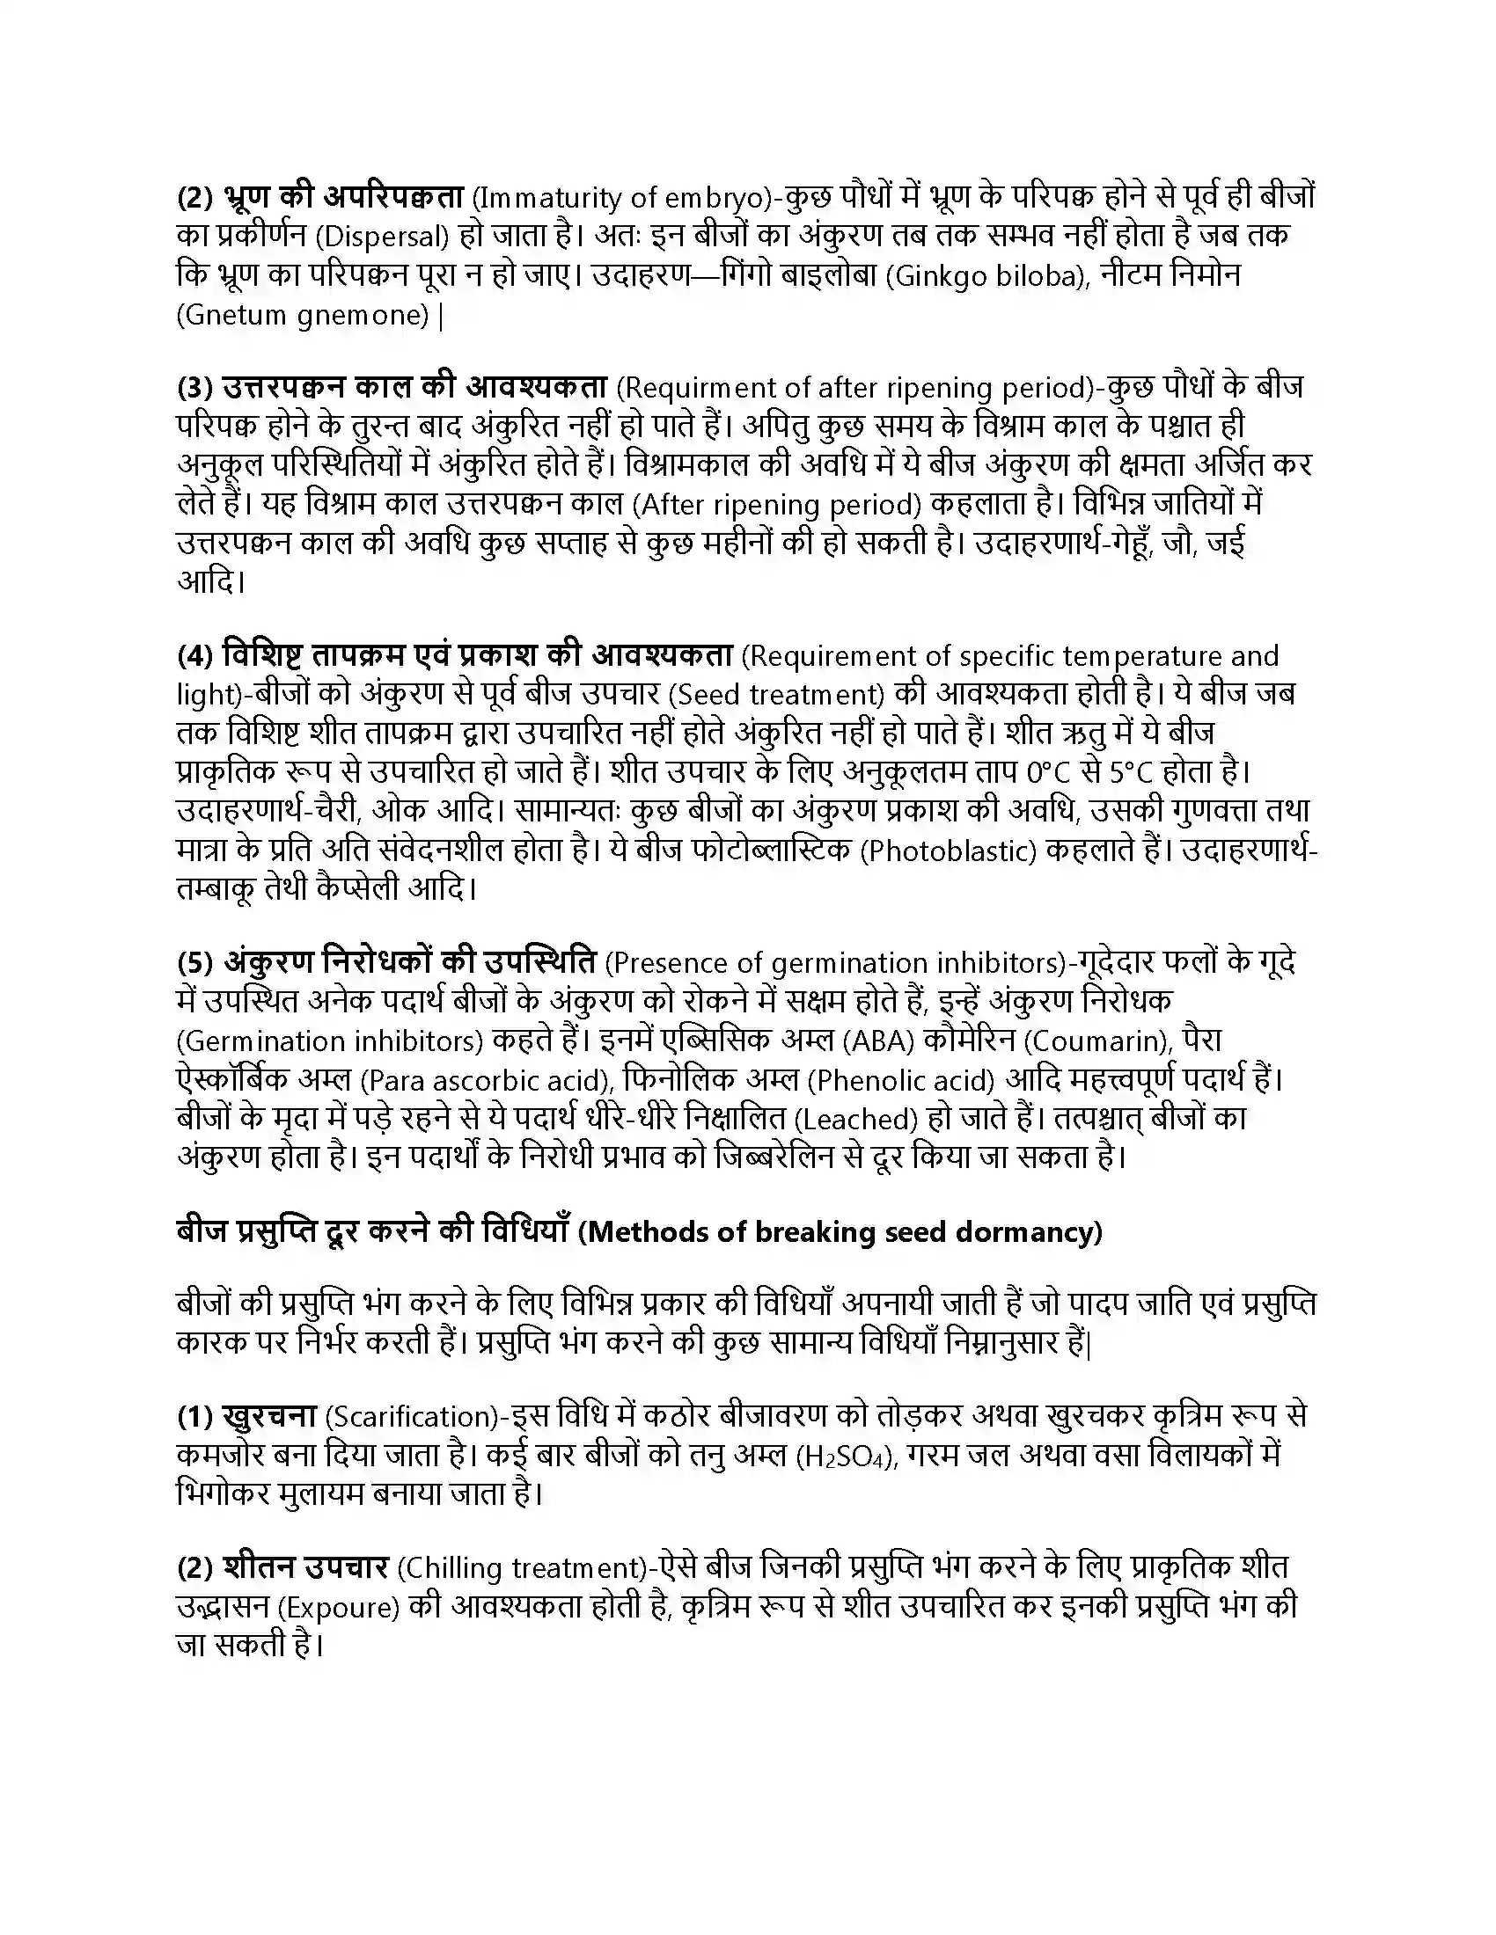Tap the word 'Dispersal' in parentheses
tap(382, 237)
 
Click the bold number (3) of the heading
tap(196, 388)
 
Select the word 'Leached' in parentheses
tap(856, 1120)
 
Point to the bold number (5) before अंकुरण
tap(196, 962)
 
